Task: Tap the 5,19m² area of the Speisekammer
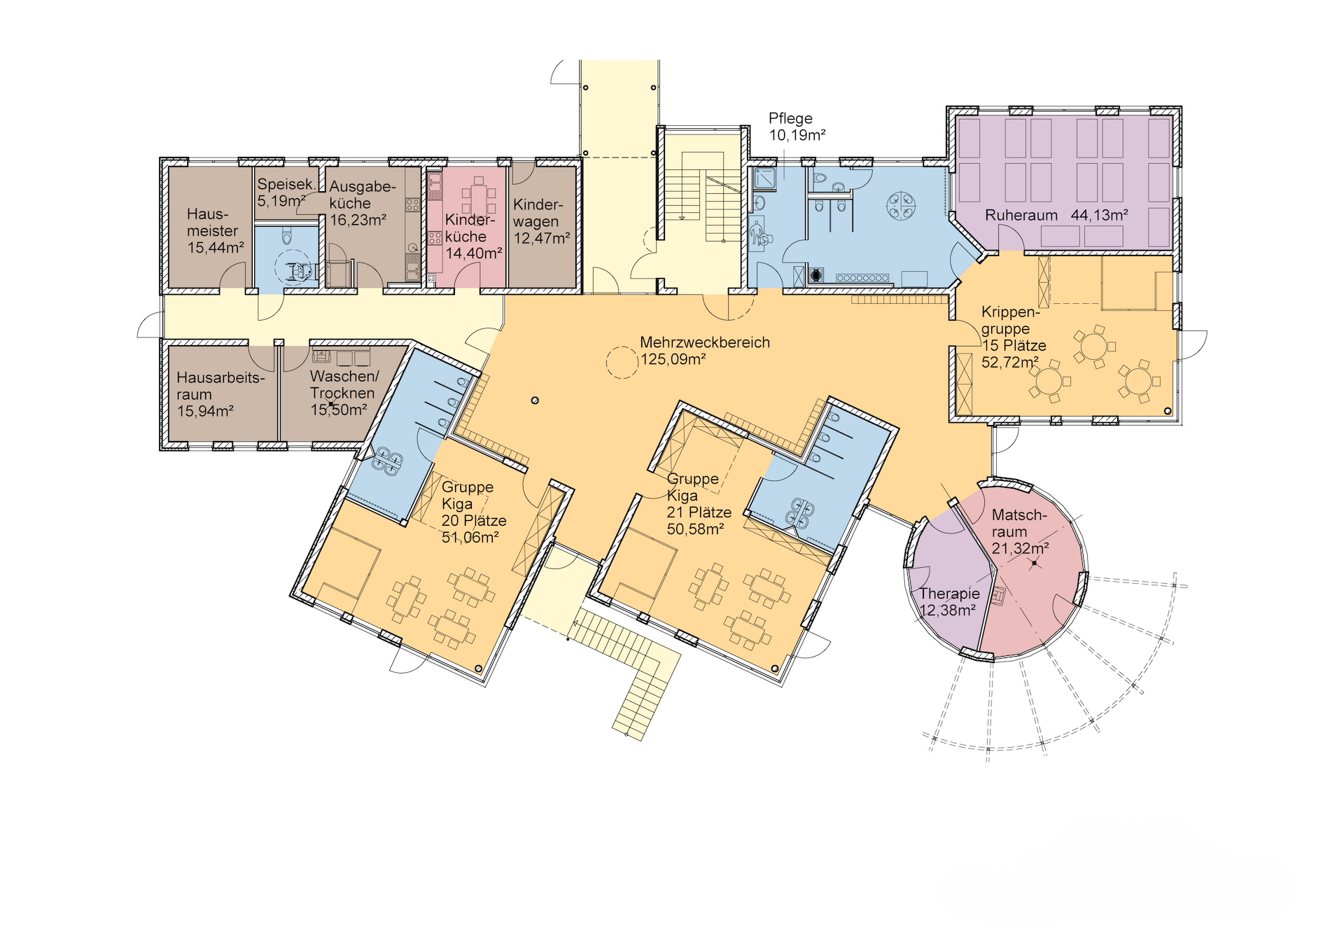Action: pos(281,201)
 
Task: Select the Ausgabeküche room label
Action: pos(363,195)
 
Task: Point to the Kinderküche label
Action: pos(469,228)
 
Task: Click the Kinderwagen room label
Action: pos(538,213)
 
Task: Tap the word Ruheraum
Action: pos(1021,215)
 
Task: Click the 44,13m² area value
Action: pos(1099,215)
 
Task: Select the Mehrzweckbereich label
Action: pos(705,342)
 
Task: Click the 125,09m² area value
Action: pos(673,359)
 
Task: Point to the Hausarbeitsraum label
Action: pos(220,386)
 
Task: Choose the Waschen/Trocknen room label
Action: pos(344,384)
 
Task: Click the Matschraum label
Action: pos(1019,523)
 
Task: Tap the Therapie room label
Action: pos(949,594)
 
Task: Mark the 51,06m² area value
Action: pos(470,537)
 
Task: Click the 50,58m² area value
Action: pos(695,529)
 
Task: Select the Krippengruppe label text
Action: pos(1010,320)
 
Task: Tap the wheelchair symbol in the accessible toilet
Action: pos(300,270)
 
